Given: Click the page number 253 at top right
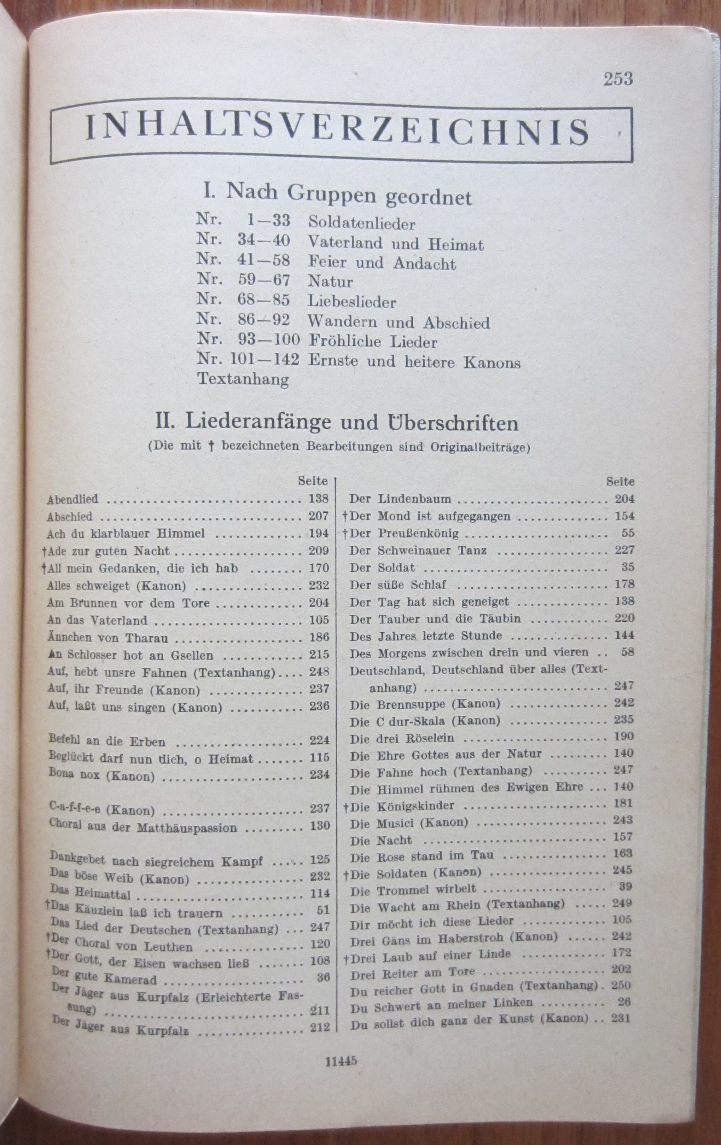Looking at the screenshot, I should pyautogui.click(x=618, y=79).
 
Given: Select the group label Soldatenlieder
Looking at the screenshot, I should pyautogui.click(x=361, y=223).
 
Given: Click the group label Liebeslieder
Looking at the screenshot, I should pyautogui.click(x=351, y=302).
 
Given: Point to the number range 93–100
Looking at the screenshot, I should pyautogui.click(x=269, y=341).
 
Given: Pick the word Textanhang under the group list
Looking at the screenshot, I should pyautogui.click(x=243, y=379).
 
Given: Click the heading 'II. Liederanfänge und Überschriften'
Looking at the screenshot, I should pyautogui.click(x=337, y=423).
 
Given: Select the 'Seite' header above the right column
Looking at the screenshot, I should pyautogui.click(x=620, y=482).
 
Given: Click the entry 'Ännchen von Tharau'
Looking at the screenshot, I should pyautogui.click(x=107, y=638).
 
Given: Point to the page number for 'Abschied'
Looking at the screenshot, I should pyautogui.click(x=318, y=516).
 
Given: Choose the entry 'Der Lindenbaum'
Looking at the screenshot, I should pyautogui.click(x=400, y=499).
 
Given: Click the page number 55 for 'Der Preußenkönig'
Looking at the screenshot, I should pyautogui.click(x=627, y=533).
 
